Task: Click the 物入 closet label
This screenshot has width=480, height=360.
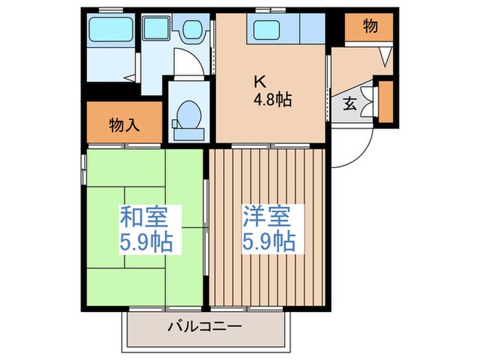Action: click(124, 125)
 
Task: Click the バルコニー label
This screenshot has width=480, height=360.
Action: click(204, 326)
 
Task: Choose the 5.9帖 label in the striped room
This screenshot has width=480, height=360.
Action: click(269, 242)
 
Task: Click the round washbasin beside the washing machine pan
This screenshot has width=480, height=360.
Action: click(191, 29)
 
